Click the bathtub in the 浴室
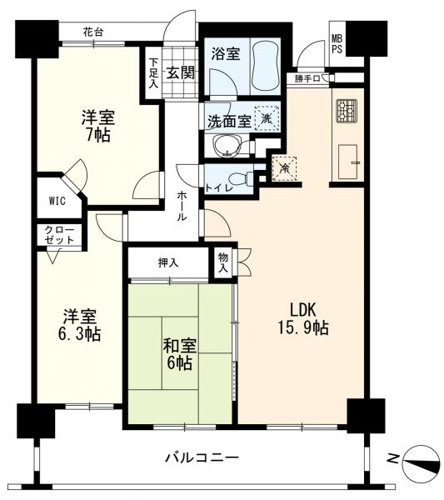(266, 66)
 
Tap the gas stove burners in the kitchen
(347, 111)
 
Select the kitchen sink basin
(347, 162)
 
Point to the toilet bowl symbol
(241, 178)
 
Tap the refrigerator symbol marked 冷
(284, 168)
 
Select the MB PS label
(337, 44)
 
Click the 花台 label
(92, 32)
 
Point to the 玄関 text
(181, 73)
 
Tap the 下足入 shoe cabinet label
(154, 72)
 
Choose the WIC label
(57, 201)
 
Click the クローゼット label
(59, 235)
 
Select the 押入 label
(168, 262)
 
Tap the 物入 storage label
(223, 262)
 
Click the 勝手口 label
(307, 79)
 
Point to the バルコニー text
(202, 458)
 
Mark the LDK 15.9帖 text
(303, 318)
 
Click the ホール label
(182, 206)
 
